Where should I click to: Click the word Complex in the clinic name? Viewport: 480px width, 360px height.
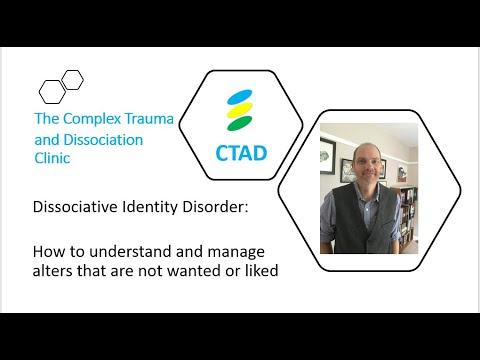[95, 119]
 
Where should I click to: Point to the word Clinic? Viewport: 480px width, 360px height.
[53, 158]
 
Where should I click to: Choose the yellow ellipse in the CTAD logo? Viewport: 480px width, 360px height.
[239, 112]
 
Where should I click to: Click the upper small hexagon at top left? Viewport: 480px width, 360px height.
[72, 79]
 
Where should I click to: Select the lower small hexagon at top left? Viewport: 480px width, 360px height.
[51, 91]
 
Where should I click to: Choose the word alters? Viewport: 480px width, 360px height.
[52, 271]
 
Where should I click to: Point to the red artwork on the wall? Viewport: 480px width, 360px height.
[330, 155]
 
